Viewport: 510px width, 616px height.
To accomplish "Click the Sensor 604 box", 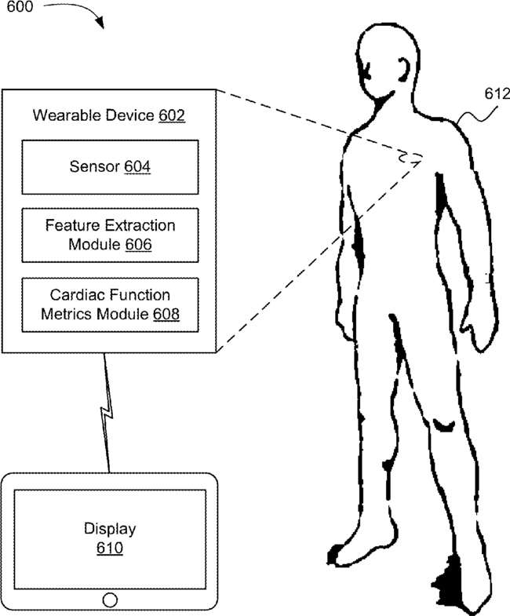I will pyautogui.click(x=110, y=166).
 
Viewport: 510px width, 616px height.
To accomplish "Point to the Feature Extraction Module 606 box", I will pyautogui.click(x=110, y=235).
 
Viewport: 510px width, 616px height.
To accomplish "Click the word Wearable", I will pyautogui.click(x=63, y=116).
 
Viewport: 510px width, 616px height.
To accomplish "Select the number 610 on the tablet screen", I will pyautogui.click(x=110, y=548).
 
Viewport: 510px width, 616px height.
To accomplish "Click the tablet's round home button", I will pyautogui.click(x=110, y=600).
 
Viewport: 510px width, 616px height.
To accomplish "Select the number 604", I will pyautogui.click(x=139, y=166).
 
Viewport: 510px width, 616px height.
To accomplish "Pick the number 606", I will pyautogui.click(x=137, y=244).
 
